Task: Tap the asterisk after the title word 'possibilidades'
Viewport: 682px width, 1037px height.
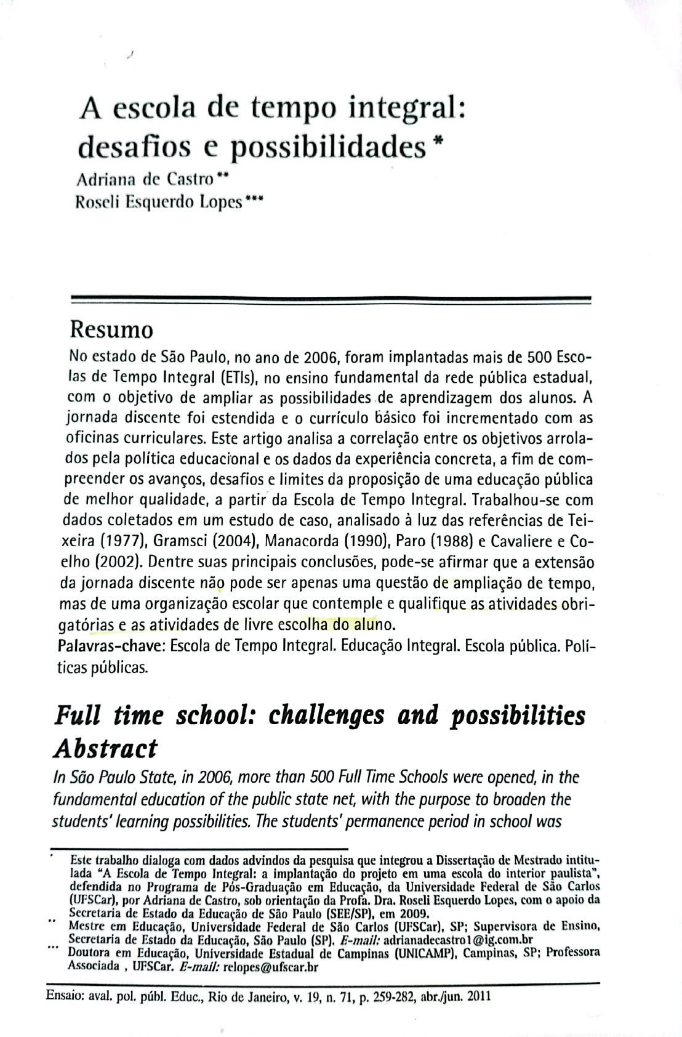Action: point(438,140)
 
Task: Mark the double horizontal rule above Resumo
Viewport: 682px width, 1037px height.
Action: point(331,300)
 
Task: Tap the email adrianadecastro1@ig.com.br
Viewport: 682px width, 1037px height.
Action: point(457,940)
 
